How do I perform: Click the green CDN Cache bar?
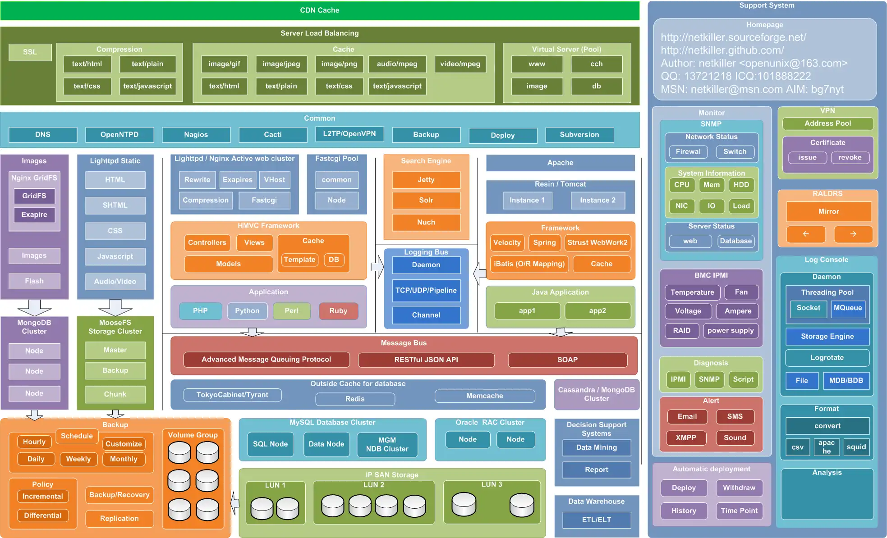[x=319, y=10]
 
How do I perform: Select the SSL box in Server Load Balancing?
[x=30, y=52]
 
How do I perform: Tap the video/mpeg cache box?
[x=460, y=64]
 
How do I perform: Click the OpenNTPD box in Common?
[x=119, y=134]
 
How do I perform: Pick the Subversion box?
[x=579, y=134]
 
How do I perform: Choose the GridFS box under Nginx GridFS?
[x=34, y=196]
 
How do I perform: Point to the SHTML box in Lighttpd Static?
[x=115, y=205]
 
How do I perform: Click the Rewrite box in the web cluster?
[x=197, y=179]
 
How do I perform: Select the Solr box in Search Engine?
[x=426, y=200]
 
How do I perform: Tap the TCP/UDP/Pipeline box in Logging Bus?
[x=426, y=290]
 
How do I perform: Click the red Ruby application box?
[x=338, y=310]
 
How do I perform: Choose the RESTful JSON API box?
[x=426, y=360]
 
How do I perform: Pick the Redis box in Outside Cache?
[x=355, y=399]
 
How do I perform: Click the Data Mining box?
[x=596, y=447]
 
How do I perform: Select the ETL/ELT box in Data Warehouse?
[x=596, y=520]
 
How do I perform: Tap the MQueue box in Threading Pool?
[x=847, y=308]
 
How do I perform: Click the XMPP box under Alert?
[x=686, y=438]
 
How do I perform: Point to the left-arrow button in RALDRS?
[x=805, y=234]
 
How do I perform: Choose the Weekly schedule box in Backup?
[x=78, y=459]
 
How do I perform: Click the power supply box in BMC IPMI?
[x=730, y=330]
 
